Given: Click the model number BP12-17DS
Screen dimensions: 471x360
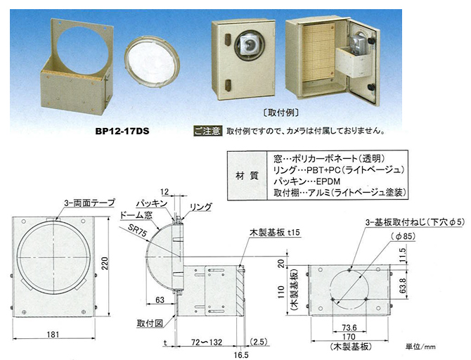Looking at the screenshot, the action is pyautogui.click(x=122, y=131).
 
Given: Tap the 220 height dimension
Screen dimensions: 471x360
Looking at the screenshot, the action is pyautogui.click(x=104, y=264).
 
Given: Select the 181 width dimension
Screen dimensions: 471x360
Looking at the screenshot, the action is pyautogui.click(x=53, y=335).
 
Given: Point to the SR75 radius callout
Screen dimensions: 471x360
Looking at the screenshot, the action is pyautogui.click(x=137, y=231).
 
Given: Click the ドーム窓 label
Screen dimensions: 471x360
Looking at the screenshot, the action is pyautogui.click(x=136, y=215).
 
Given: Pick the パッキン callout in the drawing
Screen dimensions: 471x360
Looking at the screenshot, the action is pyautogui.click(x=151, y=203).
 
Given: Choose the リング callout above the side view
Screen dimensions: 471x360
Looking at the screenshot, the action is pyautogui.click(x=200, y=207).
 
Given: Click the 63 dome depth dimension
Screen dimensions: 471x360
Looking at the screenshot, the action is pyautogui.click(x=160, y=300).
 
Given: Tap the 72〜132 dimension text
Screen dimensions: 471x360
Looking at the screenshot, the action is pyautogui.click(x=207, y=342).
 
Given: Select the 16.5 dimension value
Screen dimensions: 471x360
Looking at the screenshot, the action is pyautogui.click(x=241, y=355).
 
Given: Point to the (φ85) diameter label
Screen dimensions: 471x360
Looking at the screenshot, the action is pyautogui.click(x=403, y=236).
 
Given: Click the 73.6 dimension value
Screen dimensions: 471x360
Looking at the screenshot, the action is pyautogui.click(x=349, y=328).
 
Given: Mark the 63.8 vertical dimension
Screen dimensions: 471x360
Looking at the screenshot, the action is pyautogui.click(x=403, y=285).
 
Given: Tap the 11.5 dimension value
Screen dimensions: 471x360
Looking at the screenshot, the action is pyautogui.click(x=403, y=255).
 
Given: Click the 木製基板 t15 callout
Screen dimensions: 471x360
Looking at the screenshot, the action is pyautogui.click(x=275, y=232).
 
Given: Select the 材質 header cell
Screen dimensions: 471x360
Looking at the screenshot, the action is pyautogui.click(x=247, y=176).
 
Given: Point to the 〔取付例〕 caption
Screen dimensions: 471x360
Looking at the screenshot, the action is pyautogui.click(x=280, y=112).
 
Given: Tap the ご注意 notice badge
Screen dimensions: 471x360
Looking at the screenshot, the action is pyautogui.click(x=207, y=131).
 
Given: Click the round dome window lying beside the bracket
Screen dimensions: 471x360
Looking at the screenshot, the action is pyautogui.click(x=152, y=62).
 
